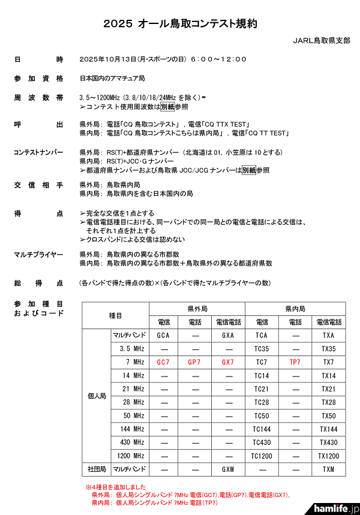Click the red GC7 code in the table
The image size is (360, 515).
point(163,362)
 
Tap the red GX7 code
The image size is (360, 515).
point(228,362)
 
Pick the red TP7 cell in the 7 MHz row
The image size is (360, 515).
point(295,362)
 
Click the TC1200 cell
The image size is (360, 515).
point(262,455)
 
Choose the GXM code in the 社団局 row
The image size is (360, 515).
point(228,468)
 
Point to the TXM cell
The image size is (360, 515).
point(328,468)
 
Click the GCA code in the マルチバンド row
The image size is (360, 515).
point(163,335)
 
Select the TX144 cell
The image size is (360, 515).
point(328,429)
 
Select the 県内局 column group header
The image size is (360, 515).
point(295,309)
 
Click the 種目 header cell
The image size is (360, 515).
point(115,315)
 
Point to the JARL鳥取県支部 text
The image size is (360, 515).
point(320,41)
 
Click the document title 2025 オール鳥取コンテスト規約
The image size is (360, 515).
point(180,24)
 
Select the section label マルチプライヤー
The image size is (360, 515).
point(38,254)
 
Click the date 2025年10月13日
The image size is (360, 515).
point(109,59)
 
